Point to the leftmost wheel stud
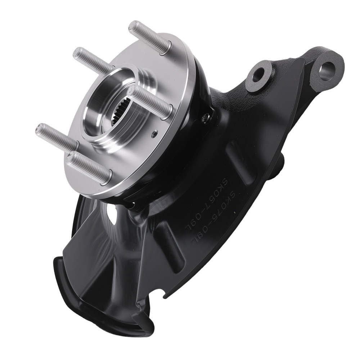pyautogui.click(x=56, y=135)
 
